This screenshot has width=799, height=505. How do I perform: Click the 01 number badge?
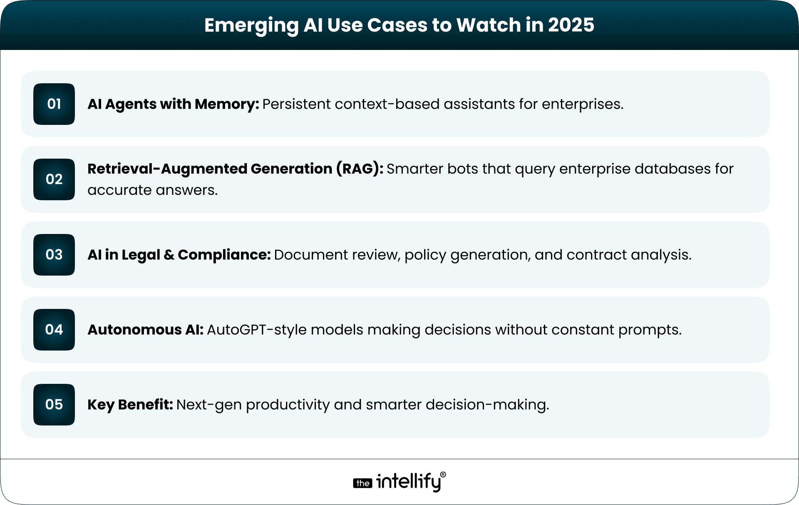click(x=54, y=104)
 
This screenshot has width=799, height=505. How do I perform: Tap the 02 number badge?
click(x=54, y=179)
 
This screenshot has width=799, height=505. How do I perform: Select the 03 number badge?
click(x=54, y=255)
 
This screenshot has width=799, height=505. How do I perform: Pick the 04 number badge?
click(x=54, y=330)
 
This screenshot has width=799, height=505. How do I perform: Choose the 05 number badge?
click(x=54, y=405)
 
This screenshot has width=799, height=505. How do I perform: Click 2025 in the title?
click(x=571, y=25)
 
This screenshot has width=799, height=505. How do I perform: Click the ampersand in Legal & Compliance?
click(x=169, y=255)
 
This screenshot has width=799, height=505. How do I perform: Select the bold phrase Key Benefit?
click(x=130, y=405)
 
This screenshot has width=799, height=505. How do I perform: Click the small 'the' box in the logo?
click(x=362, y=483)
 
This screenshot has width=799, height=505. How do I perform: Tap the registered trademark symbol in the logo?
click(x=443, y=475)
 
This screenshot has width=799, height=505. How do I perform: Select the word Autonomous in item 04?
click(x=134, y=330)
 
